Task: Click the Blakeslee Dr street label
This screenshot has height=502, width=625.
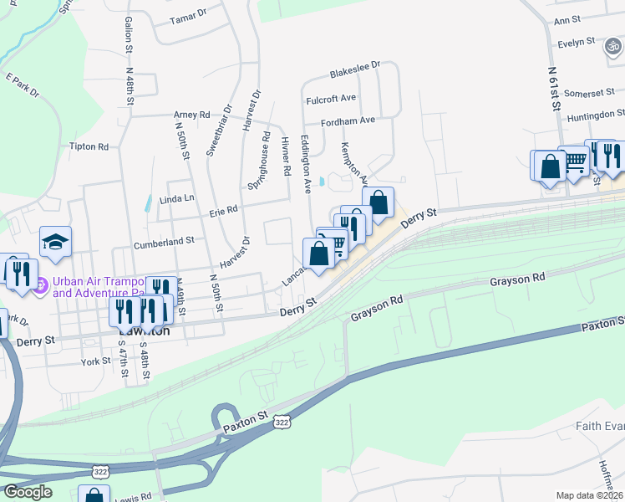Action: (x=355, y=64)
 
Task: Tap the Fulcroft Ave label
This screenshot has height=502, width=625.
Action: (x=332, y=98)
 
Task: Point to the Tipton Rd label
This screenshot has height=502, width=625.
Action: (x=89, y=146)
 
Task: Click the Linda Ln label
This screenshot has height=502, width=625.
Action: (x=176, y=197)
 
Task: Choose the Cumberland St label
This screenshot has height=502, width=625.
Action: (x=164, y=239)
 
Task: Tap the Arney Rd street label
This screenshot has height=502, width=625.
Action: (x=191, y=115)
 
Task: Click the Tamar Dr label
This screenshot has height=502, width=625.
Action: (x=188, y=16)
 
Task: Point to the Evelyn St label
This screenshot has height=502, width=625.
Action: (x=576, y=41)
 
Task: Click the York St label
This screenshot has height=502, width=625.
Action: (x=95, y=361)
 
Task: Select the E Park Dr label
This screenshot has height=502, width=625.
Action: (x=23, y=86)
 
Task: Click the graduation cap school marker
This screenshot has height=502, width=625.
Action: (x=56, y=242)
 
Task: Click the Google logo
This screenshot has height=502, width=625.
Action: (x=28, y=492)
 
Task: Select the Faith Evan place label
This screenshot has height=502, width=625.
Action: (x=600, y=426)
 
